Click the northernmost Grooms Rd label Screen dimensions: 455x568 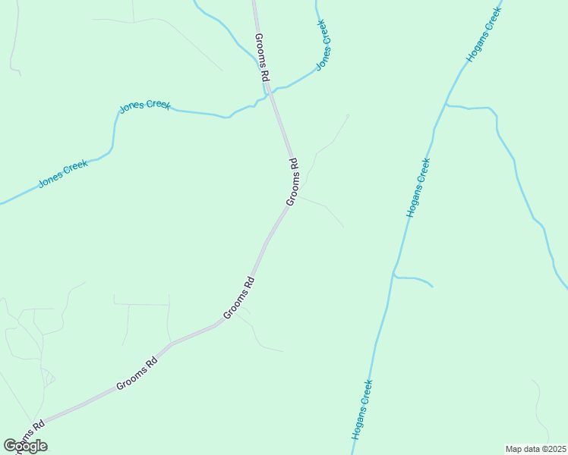262,58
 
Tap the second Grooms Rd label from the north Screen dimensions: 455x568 292,182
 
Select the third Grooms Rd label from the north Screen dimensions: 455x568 238,299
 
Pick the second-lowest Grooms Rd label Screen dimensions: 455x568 137,375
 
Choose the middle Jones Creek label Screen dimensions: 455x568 145,106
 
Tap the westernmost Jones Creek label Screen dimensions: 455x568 63,173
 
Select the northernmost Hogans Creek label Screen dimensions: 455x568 484,35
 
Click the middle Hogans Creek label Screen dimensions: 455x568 418,188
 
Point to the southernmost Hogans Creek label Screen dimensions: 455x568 361,409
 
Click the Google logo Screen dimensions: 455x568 25,446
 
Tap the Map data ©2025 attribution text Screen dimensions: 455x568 535,449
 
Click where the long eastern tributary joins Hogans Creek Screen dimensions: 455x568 447,105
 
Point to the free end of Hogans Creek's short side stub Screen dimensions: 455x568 433,287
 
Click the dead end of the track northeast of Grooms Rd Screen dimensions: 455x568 348,115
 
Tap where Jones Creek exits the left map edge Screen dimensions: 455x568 2,203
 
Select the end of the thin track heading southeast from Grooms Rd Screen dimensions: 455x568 343,227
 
